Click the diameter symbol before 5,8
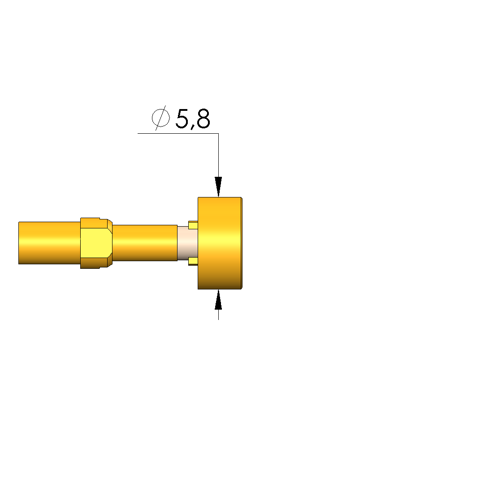tap(160, 118)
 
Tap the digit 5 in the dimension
tap(182, 118)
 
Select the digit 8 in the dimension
tap(204, 118)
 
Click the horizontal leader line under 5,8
tap(178, 134)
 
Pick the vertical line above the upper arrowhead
tap(218, 155)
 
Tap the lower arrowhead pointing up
tap(218, 299)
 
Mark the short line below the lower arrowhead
tap(218, 315)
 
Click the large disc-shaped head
tap(220, 243)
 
